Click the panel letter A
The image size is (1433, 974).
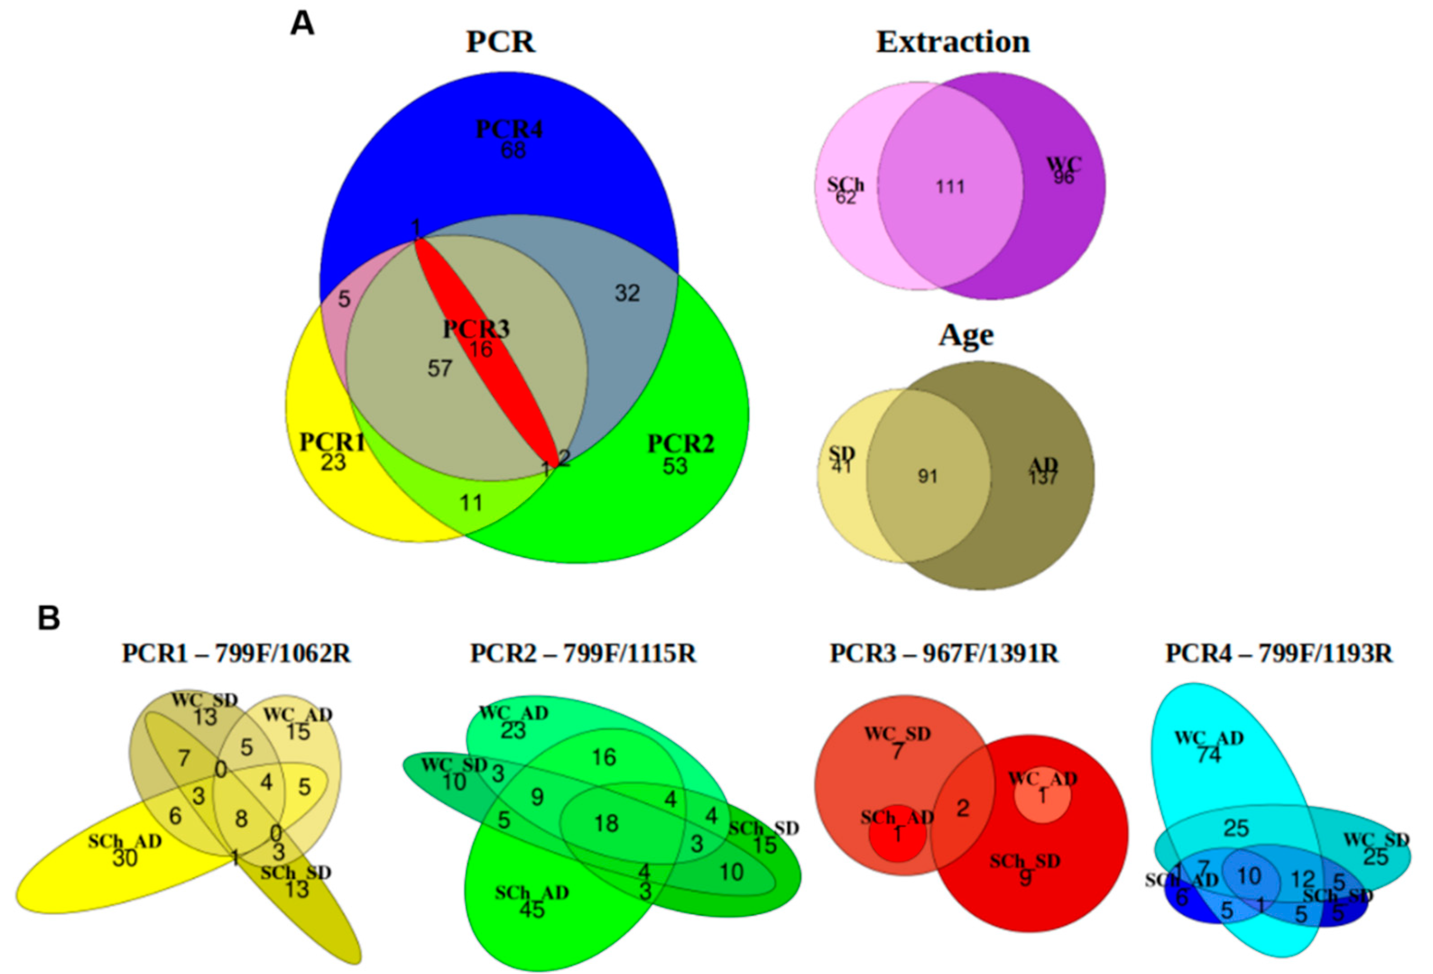(302, 25)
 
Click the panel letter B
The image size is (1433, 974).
(49, 618)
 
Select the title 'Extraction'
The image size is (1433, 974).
(953, 42)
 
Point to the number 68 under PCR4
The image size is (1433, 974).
(513, 150)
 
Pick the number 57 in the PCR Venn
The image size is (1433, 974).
(440, 369)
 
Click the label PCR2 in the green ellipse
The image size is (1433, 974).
(681, 444)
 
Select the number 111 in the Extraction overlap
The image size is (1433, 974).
(950, 187)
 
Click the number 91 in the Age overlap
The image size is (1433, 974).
(927, 477)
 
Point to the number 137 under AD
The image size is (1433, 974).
(1043, 478)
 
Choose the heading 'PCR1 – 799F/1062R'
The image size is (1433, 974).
(236, 653)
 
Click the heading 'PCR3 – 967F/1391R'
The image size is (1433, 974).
(944, 653)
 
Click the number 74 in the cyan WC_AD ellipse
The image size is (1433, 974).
(1208, 755)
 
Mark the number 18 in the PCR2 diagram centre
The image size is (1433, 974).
(606, 823)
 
